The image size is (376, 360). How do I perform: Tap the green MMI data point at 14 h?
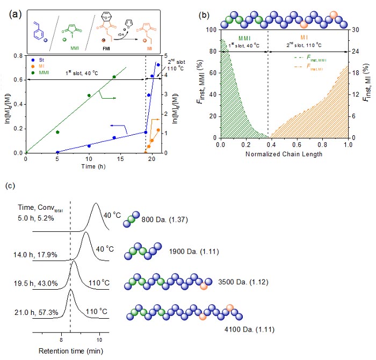coord(114,77)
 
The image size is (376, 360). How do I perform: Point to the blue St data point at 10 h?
coord(89,145)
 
